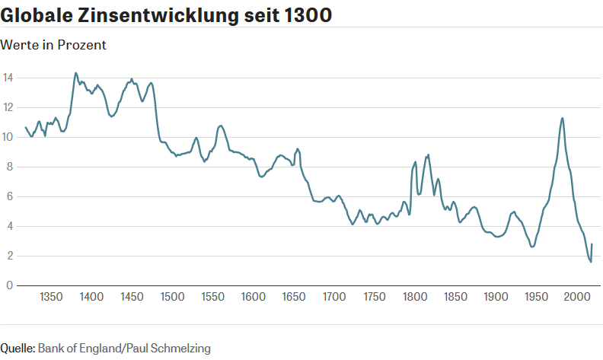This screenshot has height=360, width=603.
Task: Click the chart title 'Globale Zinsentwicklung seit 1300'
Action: [x=166, y=14]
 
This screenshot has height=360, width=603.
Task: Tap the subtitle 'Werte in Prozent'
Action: [x=53, y=45]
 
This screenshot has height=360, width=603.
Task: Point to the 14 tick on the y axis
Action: [x=8, y=78]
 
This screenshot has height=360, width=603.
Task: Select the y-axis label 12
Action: [x=8, y=107]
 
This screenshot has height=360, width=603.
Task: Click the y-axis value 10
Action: [x=8, y=137]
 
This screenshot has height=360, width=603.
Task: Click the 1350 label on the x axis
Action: [x=50, y=297]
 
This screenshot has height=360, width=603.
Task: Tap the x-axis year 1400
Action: [x=91, y=297]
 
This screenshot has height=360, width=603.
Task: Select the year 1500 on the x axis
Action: [x=171, y=297]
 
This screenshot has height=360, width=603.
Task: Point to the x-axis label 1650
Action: [x=293, y=297]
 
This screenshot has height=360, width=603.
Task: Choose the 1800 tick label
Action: [x=414, y=297]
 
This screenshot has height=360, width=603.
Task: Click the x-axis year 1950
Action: [x=535, y=297]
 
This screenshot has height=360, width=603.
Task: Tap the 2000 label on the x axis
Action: [x=576, y=297]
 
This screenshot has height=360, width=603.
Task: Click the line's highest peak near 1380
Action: [x=75, y=73]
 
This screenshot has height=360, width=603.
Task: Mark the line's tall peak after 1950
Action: [x=562, y=118]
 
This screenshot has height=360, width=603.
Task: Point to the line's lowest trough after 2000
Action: [x=591, y=262]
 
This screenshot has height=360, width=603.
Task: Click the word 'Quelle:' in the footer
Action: [x=18, y=348]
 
